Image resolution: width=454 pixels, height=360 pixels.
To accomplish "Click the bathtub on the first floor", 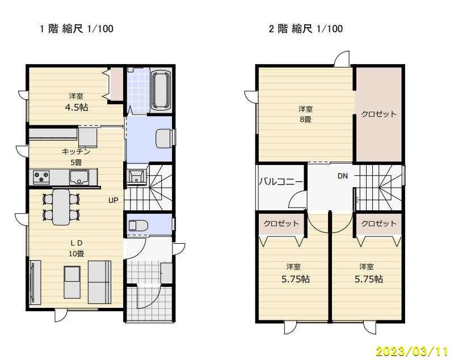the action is pyautogui.click(x=161, y=90).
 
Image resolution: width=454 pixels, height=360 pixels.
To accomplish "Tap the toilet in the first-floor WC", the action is pyautogui.click(x=138, y=225).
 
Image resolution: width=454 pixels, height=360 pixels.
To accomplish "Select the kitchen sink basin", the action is pyautogui.click(x=79, y=177).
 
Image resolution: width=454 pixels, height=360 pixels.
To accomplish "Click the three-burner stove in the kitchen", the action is pyautogui.click(x=41, y=177).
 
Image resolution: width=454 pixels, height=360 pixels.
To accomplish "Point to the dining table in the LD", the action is pyautogui.click(x=61, y=207).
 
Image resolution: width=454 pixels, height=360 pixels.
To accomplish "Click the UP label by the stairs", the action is pyautogui.click(x=113, y=200).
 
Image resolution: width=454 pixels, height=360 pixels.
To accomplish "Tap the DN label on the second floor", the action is pyautogui.click(x=343, y=176).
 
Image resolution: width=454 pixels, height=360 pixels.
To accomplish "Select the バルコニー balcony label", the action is pyautogui.click(x=280, y=182).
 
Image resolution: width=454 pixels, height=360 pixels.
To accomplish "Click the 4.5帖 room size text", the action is pyautogui.click(x=77, y=108).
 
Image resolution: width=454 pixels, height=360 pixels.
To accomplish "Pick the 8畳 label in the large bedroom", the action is pyautogui.click(x=305, y=119).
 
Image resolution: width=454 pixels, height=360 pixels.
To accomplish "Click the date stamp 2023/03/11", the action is pyautogui.click(x=412, y=351).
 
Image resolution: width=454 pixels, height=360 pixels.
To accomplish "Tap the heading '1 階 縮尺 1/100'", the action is pyautogui.click(x=77, y=29).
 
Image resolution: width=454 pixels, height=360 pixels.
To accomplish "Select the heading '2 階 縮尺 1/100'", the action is pyautogui.click(x=306, y=29).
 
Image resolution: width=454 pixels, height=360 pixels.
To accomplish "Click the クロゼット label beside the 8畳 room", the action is pyautogui.click(x=379, y=114).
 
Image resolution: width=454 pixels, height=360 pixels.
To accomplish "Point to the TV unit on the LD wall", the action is pyautogui.click(x=35, y=282).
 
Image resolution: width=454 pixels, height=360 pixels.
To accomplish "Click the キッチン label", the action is pyautogui.click(x=76, y=152).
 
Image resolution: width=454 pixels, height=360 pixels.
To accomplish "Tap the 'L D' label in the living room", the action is pyautogui.click(x=76, y=243).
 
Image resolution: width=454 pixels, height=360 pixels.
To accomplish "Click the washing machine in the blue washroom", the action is pyautogui.click(x=163, y=138).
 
